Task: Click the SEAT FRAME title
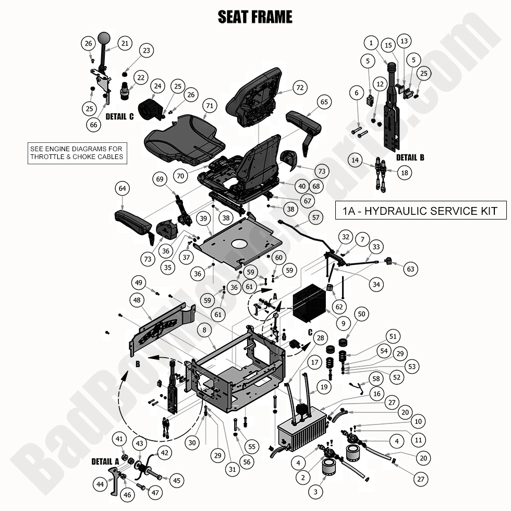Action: (x=255, y=17)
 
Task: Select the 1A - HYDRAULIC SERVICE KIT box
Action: (x=420, y=211)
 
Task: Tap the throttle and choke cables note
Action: (x=78, y=152)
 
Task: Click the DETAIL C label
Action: (x=119, y=116)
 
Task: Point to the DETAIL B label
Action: (x=410, y=157)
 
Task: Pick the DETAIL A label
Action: (x=105, y=461)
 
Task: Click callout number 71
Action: (x=210, y=106)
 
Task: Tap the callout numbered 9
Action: (x=343, y=323)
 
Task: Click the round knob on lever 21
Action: (x=104, y=38)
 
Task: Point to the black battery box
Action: (x=310, y=307)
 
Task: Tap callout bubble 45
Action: (x=176, y=480)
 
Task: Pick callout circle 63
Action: (x=411, y=269)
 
